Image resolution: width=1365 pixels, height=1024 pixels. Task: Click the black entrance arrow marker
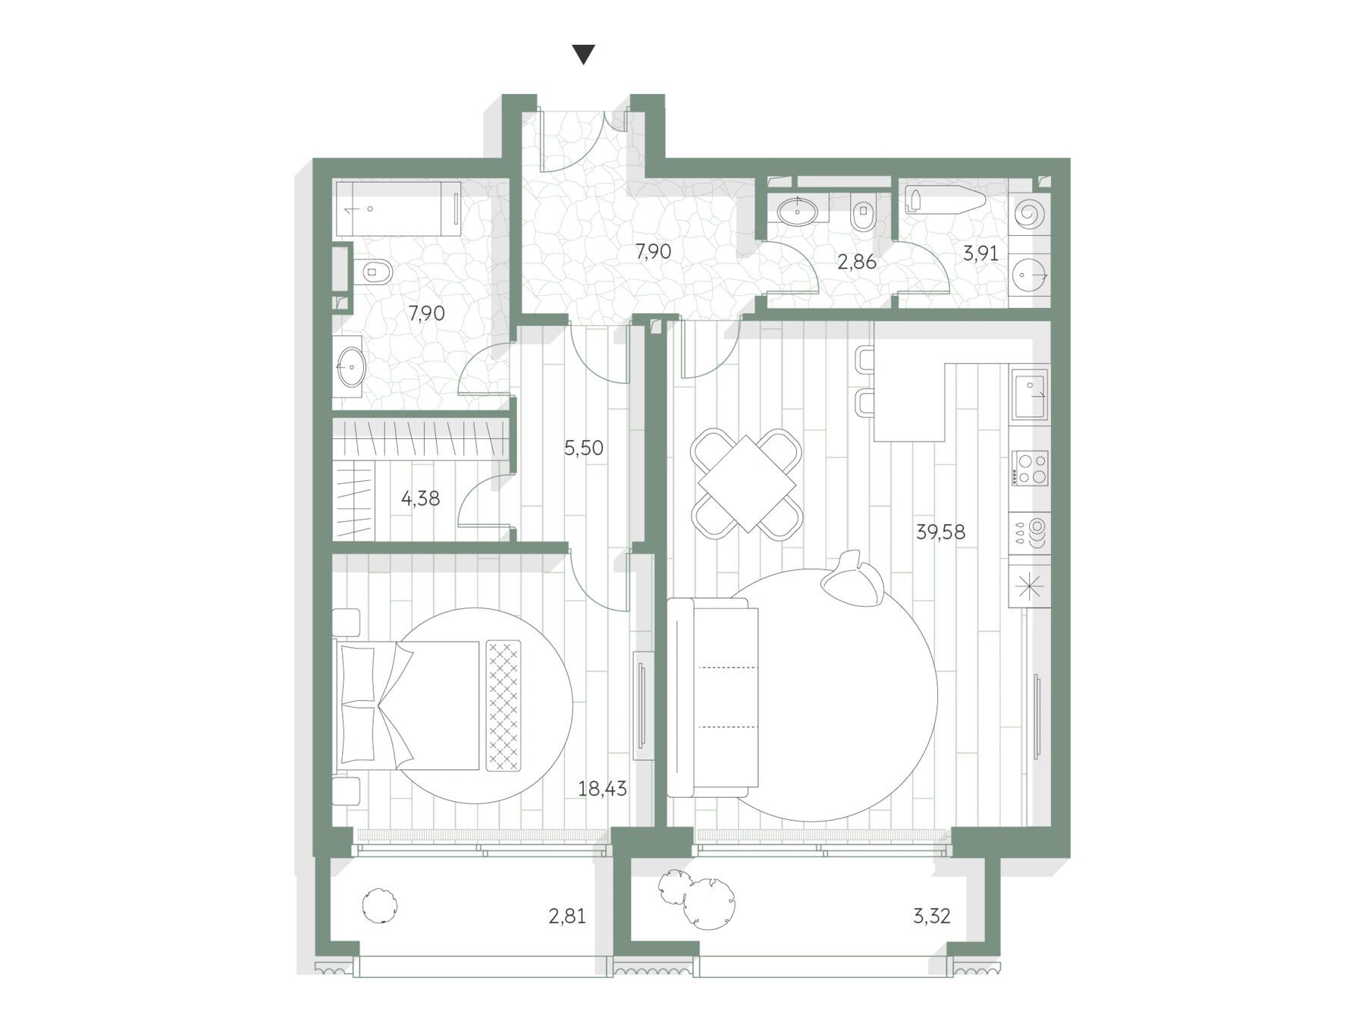583,55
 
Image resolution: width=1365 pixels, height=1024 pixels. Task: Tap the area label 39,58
940,532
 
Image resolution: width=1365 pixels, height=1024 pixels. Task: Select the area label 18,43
602,789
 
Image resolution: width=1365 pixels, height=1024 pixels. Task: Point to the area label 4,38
420,498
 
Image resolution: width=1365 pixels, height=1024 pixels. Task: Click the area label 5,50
583,448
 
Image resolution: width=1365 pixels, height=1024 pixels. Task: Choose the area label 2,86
856,262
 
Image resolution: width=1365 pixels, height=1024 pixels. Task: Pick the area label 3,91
981,253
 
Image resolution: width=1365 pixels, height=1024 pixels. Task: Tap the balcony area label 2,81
567,916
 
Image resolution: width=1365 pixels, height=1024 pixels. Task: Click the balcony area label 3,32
931,916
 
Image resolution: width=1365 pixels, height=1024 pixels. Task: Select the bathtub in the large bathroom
398,209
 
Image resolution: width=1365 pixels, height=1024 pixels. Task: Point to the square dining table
746,484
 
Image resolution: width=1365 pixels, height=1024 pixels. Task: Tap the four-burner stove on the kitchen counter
1029,468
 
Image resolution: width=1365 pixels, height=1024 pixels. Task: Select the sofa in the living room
713,697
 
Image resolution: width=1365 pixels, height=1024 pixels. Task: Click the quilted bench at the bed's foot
504,705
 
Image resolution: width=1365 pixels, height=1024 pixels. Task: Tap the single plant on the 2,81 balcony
379,905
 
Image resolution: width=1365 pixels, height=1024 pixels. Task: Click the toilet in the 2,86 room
863,212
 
